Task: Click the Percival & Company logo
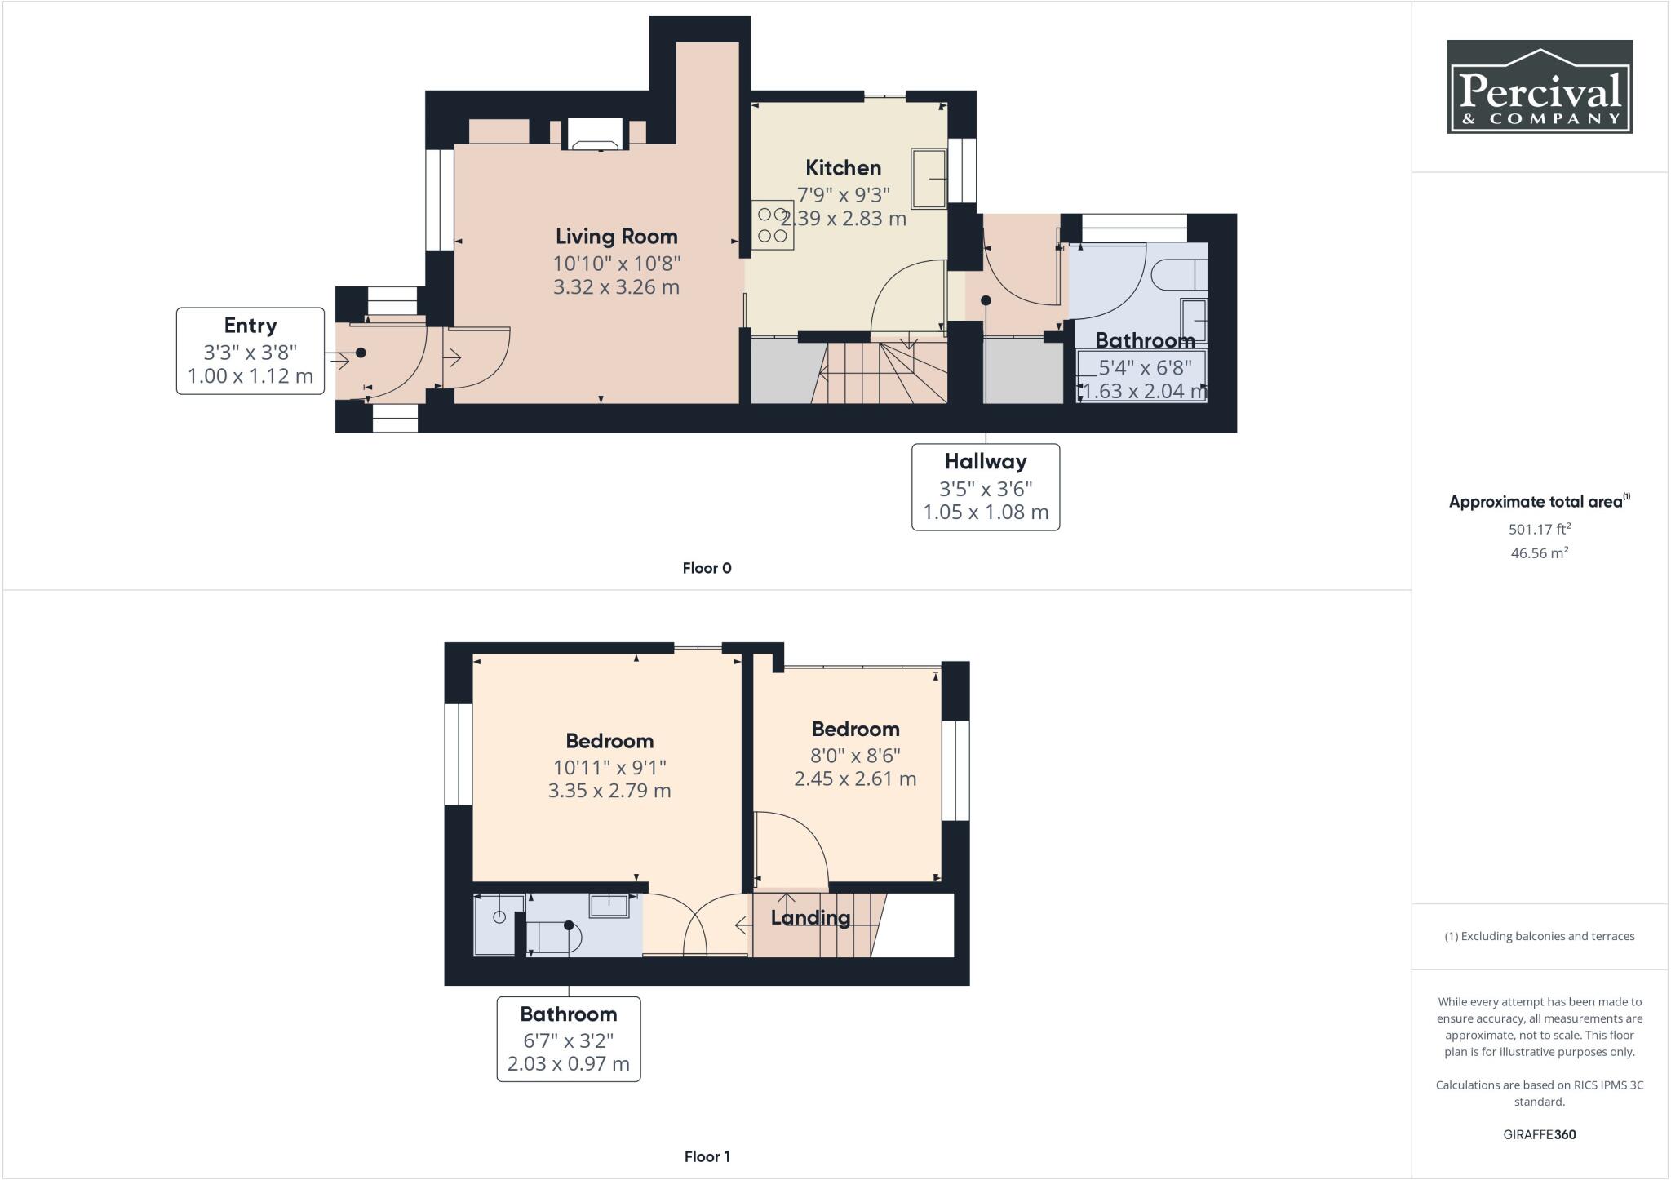point(1539,87)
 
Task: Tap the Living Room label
point(616,237)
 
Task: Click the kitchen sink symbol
point(929,178)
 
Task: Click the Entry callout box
point(250,351)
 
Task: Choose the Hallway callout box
point(985,487)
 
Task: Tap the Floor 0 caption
point(707,568)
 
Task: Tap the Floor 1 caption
point(707,1156)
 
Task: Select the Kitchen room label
point(843,168)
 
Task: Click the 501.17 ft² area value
point(1539,529)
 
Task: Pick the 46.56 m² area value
point(1539,552)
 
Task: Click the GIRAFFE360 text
point(1539,1134)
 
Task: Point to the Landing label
point(810,918)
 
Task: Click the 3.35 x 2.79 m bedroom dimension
point(609,791)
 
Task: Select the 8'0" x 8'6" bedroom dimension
point(855,755)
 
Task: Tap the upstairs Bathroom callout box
point(568,1039)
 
